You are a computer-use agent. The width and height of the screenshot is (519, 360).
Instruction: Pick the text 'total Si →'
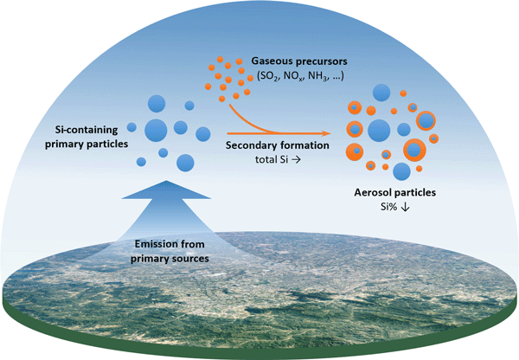tap(277, 160)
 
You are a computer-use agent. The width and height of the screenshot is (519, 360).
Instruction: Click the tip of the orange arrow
tap(332, 132)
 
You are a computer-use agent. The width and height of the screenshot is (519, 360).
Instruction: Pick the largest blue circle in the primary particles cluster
tap(157, 131)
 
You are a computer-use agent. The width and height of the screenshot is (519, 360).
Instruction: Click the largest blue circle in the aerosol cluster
tap(379, 131)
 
